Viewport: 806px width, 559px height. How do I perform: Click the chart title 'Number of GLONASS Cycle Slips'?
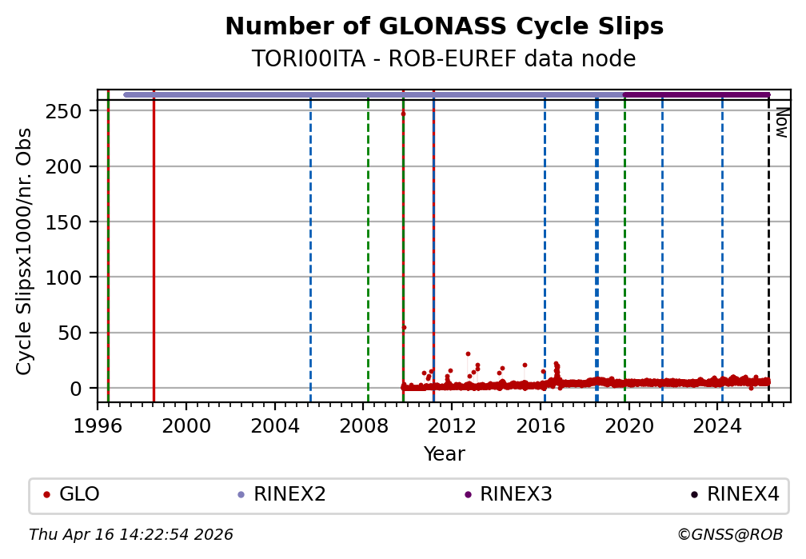444,27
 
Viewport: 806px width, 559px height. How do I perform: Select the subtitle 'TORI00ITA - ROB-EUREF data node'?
444,59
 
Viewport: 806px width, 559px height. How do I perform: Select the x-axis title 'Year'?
444,454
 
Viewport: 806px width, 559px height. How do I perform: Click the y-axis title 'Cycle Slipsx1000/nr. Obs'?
25,250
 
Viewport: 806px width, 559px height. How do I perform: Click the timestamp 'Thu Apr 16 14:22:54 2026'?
131,534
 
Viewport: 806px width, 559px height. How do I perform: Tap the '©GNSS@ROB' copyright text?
729,534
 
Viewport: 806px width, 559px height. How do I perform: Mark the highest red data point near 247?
403,114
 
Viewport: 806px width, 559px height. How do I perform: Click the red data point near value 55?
404,327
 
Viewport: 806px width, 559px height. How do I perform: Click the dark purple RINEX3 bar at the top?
696,95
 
